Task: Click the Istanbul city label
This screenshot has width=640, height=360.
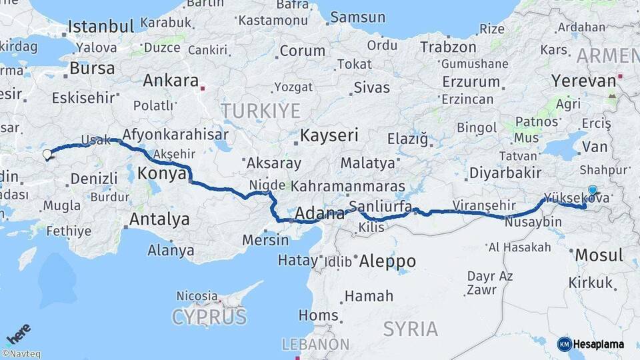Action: tap(101, 27)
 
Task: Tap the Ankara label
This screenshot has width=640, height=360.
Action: tap(171, 81)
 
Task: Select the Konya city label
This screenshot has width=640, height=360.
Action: tap(161, 174)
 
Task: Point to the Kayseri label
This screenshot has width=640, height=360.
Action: tap(329, 135)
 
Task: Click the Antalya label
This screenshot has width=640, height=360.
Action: tap(159, 219)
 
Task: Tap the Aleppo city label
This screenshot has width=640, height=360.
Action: tap(387, 261)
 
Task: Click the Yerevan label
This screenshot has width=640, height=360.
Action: tap(583, 81)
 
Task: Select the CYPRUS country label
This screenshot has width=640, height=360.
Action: tap(209, 317)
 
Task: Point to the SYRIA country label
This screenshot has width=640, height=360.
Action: tap(411, 329)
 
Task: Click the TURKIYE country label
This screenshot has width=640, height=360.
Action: tap(261, 111)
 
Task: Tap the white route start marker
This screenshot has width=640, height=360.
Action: tap(47, 155)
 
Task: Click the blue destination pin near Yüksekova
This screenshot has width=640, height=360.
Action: tap(592, 190)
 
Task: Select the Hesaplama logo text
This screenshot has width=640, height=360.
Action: tap(599, 344)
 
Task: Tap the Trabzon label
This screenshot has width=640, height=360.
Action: tap(448, 47)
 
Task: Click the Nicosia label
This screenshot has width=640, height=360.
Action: tap(197, 295)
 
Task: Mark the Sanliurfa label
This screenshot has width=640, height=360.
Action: tap(380, 205)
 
